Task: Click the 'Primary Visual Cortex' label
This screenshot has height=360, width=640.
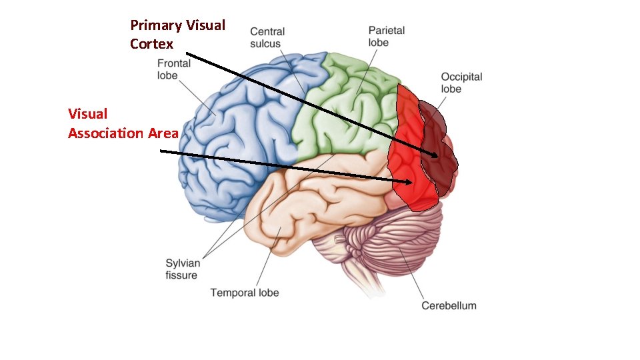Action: coord(177,35)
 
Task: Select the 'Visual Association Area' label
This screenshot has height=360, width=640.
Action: coord(123,123)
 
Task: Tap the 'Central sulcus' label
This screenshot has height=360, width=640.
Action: coord(267,37)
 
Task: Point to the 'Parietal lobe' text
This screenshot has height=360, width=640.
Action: coord(386,36)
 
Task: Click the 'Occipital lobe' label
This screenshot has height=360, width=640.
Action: coord(461,83)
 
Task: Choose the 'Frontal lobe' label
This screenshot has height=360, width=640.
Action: coord(173,69)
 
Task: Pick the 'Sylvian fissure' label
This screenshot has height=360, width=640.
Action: coord(182,269)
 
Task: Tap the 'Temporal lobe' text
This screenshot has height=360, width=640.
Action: coord(245,292)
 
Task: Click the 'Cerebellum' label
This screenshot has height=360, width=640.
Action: coord(449,305)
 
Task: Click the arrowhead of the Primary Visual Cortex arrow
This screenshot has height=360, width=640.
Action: coord(437,156)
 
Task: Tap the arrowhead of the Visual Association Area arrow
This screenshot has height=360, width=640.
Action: coord(411,181)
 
